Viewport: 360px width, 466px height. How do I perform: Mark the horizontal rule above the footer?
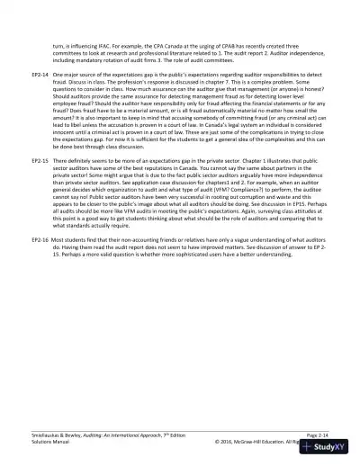tap(180, 430)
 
